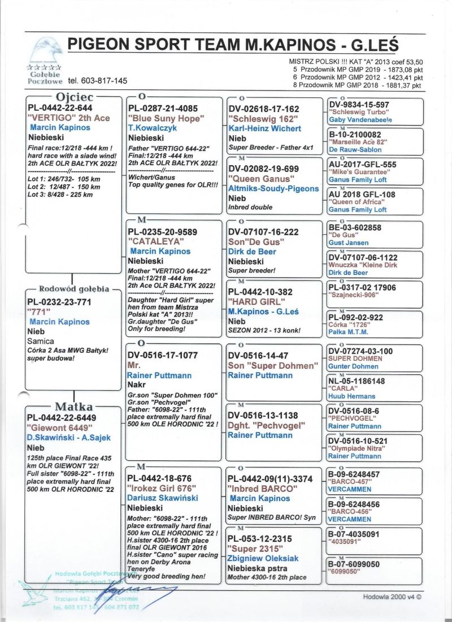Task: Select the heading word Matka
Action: [x=74, y=407]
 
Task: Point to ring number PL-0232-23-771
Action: [x=59, y=303]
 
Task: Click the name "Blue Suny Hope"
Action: [x=164, y=118]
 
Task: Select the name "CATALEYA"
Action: [x=153, y=241]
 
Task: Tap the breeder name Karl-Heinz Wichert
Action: [x=264, y=128]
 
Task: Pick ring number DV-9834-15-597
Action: [x=359, y=105]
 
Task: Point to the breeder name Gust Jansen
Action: [x=349, y=243]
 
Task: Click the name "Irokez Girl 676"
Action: [x=160, y=488]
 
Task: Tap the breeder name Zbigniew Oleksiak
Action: [x=263, y=559]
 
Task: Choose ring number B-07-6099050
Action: [x=354, y=564]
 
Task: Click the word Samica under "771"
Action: [x=41, y=341]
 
